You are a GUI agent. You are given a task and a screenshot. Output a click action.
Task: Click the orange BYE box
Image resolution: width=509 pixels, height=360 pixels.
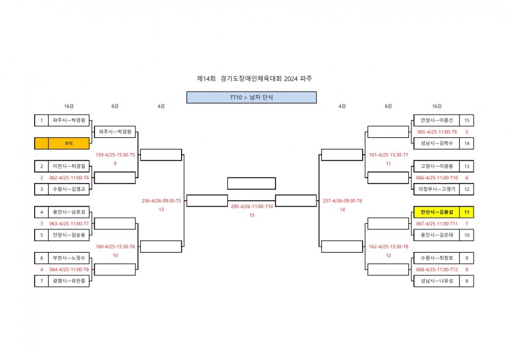(x=62, y=143)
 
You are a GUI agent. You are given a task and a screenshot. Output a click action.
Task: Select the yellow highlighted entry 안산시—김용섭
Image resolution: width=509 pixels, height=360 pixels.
(x=436, y=212)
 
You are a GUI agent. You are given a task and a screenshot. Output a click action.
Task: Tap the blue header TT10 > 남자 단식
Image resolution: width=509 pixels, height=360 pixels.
(x=252, y=98)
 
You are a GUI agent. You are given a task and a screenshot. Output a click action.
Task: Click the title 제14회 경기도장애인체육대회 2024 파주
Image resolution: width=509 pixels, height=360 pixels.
(x=255, y=79)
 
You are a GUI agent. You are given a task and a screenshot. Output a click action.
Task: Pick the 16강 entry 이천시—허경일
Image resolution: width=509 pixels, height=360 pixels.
(x=69, y=167)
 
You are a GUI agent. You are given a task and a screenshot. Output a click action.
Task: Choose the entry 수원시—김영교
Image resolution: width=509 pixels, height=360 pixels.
(x=69, y=189)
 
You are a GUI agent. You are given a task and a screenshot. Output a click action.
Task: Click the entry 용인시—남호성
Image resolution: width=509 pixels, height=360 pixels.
(x=69, y=212)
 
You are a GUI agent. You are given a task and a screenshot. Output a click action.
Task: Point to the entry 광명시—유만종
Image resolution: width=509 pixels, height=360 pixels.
(x=69, y=281)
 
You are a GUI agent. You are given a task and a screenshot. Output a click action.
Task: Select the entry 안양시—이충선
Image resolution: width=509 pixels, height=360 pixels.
(x=436, y=121)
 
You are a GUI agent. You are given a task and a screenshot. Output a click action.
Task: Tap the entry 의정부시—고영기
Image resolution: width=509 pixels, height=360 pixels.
(x=436, y=189)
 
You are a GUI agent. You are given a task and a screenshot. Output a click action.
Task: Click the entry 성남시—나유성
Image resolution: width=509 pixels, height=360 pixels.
(x=436, y=281)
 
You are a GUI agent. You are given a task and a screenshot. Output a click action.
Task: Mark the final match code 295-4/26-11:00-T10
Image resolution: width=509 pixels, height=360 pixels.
(x=252, y=206)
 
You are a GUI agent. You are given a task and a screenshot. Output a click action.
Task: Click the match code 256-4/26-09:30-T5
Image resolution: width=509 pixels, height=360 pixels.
(x=162, y=201)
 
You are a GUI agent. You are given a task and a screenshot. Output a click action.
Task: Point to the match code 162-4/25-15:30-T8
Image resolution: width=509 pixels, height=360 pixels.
(x=388, y=247)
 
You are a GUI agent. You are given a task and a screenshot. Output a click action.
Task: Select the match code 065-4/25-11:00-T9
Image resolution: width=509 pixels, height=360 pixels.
(x=437, y=132)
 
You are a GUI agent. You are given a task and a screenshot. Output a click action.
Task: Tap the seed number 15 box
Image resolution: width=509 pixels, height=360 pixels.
(x=466, y=121)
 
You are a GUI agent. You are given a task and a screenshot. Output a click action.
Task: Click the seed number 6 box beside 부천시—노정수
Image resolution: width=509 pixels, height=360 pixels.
(x=41, y=258)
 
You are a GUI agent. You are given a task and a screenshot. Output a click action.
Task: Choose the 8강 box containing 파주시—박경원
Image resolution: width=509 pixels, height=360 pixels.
(x=115, y=132)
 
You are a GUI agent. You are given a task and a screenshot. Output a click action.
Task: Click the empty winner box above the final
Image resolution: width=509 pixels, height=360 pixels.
(x=252, y=183)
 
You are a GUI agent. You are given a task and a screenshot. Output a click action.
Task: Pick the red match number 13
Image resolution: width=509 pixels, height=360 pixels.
(x=162, y=209)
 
